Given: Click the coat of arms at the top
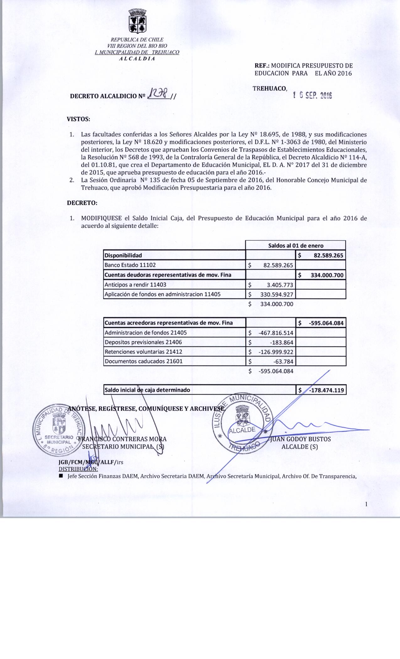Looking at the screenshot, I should pyautogui.click(x=137, y=21).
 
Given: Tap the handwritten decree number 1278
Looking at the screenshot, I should pyautogui.click(x=159, y=93).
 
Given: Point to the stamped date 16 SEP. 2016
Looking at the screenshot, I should pyautogui.click(x=312, y=95).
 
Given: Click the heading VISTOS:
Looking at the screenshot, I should pyautogui.click(x=78, y=119).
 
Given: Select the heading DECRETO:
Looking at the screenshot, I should pyautogui.click(x=82, y=203).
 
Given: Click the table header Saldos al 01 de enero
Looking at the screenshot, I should pyautogui.click(x=296, y=245).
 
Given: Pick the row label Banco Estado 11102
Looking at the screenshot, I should pyautogui.click(x=130, y=265).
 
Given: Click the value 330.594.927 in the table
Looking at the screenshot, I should pyautogui.click(x=276, y=294).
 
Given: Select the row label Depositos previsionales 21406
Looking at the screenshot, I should pyautogui.click(x=143, y=342).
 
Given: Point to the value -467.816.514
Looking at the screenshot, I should pyautogui.click(x=275, y=333).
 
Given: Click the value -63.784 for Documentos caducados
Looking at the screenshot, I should pyautogui.click(x=283, y=362).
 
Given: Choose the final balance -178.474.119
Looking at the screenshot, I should pyautogui.click(x=326, y=390).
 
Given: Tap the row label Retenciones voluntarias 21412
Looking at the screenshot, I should pyautogui.click(x=143, y=352).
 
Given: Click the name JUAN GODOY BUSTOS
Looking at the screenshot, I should pyautogui.click(x=300, y=439).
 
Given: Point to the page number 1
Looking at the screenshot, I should pyautogui.click(x=366, y=504).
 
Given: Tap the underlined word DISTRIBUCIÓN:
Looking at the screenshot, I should pyautogui.click(x=78, y=469).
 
